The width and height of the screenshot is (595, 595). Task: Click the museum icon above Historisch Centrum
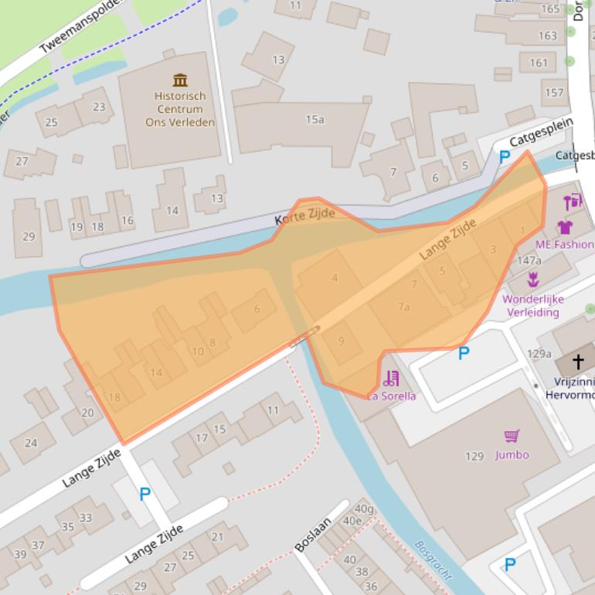pyautogui.click(x=180, y=80)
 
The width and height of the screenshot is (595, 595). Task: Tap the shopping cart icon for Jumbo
pyautogui.click(x=512, y=437)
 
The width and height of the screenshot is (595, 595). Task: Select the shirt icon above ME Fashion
pyautogui.click(x=565, y=227)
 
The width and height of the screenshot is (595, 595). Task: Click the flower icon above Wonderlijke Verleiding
pyautogui.click(x=532, y=280)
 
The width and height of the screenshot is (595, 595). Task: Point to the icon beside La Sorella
pyautogui.click(x=391, y=379)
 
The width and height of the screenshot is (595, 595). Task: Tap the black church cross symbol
pyautogui.click(x=578, y=362)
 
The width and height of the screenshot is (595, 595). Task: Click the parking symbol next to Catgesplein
pyautogui.click(x=505, y=158)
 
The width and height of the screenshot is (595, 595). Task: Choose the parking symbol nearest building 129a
pyautogui.click(x=464, y=353)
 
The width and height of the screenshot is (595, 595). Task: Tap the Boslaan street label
pyautogui.click(x=312, y=534)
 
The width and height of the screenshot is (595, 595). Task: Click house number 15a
pyautogui.click(x=314, y=119)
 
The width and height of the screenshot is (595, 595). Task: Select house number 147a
pyautogui.click(x=529, y=260)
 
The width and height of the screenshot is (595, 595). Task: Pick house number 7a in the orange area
pyautogui.click(x=403, y=307)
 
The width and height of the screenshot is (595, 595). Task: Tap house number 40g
pyautogui.click(x=364, y=508)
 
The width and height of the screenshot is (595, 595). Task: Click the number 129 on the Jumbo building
pyautogui.click(x=474, y=456)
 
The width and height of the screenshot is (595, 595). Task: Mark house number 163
pyautogui.click(x=547, y=36)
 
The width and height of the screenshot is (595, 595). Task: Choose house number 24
pyautogui.click(x=31, y=443)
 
